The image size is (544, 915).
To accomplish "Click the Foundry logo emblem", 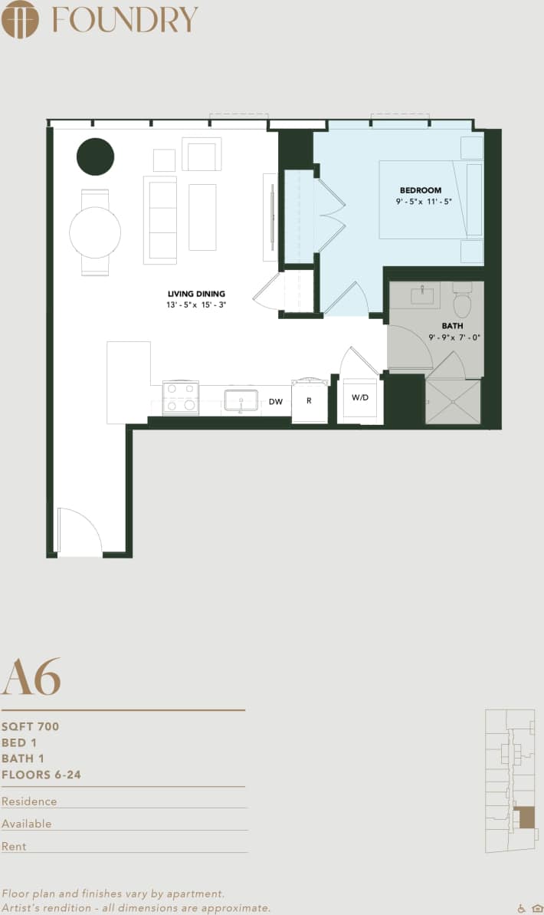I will pyautogui.click(x=20, y=19).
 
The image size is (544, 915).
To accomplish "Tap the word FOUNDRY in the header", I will pyautogui.click(x=125, y=19).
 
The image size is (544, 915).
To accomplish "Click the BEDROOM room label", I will pyautogui.click(x=421, y=190).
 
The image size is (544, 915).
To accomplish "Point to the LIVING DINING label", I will pyautogui.click(x=197, y=293).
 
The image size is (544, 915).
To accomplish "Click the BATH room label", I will pyautogui.click(x=452, y=326).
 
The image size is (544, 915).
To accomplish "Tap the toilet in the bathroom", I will pyautogui.click(x=462, y=302).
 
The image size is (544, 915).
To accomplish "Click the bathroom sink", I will pyautogui.click(x=422, y=295).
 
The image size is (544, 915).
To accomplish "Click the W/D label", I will pyautogui.click(x=359, y=397).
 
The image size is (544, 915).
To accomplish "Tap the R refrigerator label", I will pyautogui.click(x=309, y=400).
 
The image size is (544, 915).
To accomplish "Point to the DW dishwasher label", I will pyautogui.click(x=276, y=401).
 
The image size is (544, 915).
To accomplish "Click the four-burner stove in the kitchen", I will pyautogui.click(x=181, y=397).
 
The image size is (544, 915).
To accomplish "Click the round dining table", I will pyautogui.click(x=95, y=232).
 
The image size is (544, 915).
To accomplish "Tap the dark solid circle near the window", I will pyautogui.click(x=95, y=156).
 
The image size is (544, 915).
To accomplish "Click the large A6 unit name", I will pyautogui.click(x=31, y=676).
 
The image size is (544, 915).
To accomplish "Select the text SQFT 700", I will pyautogui.click(x=30, y=726).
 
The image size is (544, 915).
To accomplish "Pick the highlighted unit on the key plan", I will pyautogui.click(x=525, y=817).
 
